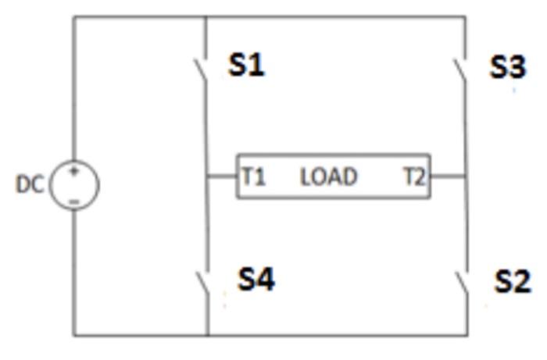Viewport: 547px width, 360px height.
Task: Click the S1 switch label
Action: click(x=246, y=66)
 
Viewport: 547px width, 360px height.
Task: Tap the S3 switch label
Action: click(x=508, y=68)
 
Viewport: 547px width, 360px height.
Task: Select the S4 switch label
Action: click(x=256, y=279)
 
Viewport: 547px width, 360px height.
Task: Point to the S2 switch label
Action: click(x=513, y=281)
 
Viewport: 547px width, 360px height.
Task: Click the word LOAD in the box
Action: click(x=329, y=177)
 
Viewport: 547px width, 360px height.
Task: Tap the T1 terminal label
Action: click(x=253, y=177)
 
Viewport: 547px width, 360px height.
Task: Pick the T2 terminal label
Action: click(x=415, y=177)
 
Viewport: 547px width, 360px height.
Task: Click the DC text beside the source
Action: click(x=30, y=184)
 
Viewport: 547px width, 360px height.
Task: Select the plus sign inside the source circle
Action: click(x=74, y=172)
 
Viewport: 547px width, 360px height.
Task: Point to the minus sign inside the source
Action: click(x=74, y=201)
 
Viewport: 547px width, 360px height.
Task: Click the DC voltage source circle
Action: click(x=75, y=186)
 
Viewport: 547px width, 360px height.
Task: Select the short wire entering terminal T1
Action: click(x=222, y=176)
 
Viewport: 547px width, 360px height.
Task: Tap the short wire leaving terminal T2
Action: click(x=448, y=176)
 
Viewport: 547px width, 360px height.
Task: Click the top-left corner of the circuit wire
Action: click(x=75, y=16)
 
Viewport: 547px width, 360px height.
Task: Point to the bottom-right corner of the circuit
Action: click(x=467, y=335)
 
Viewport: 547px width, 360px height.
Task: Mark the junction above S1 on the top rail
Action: click(x=206, y=16)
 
